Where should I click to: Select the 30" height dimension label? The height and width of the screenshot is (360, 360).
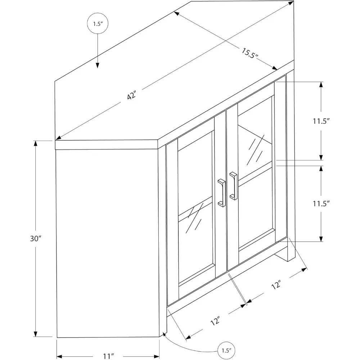(36, 238)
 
